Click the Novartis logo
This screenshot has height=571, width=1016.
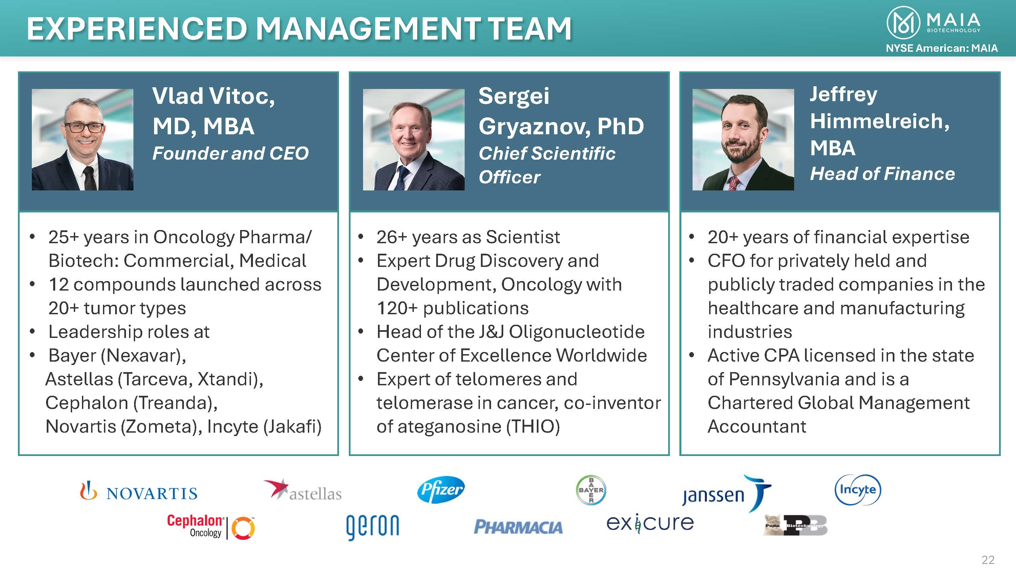[139, 491]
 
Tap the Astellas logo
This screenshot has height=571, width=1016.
[302, 490]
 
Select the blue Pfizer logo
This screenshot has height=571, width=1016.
[441, 490]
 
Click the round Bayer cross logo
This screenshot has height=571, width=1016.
[591, 490]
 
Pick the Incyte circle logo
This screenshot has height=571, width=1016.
[858, 490]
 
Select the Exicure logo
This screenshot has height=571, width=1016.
[650, 523]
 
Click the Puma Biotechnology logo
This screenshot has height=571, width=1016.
[796, 525]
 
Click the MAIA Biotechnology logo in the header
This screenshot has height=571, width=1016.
[934, 23]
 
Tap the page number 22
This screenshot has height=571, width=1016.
[988, 560]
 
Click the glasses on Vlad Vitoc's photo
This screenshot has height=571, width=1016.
[84, 127]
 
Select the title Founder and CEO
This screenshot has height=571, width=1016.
[230, 153]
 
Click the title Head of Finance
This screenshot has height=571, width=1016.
[882, 174]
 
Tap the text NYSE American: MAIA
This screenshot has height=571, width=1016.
[942, 48]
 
